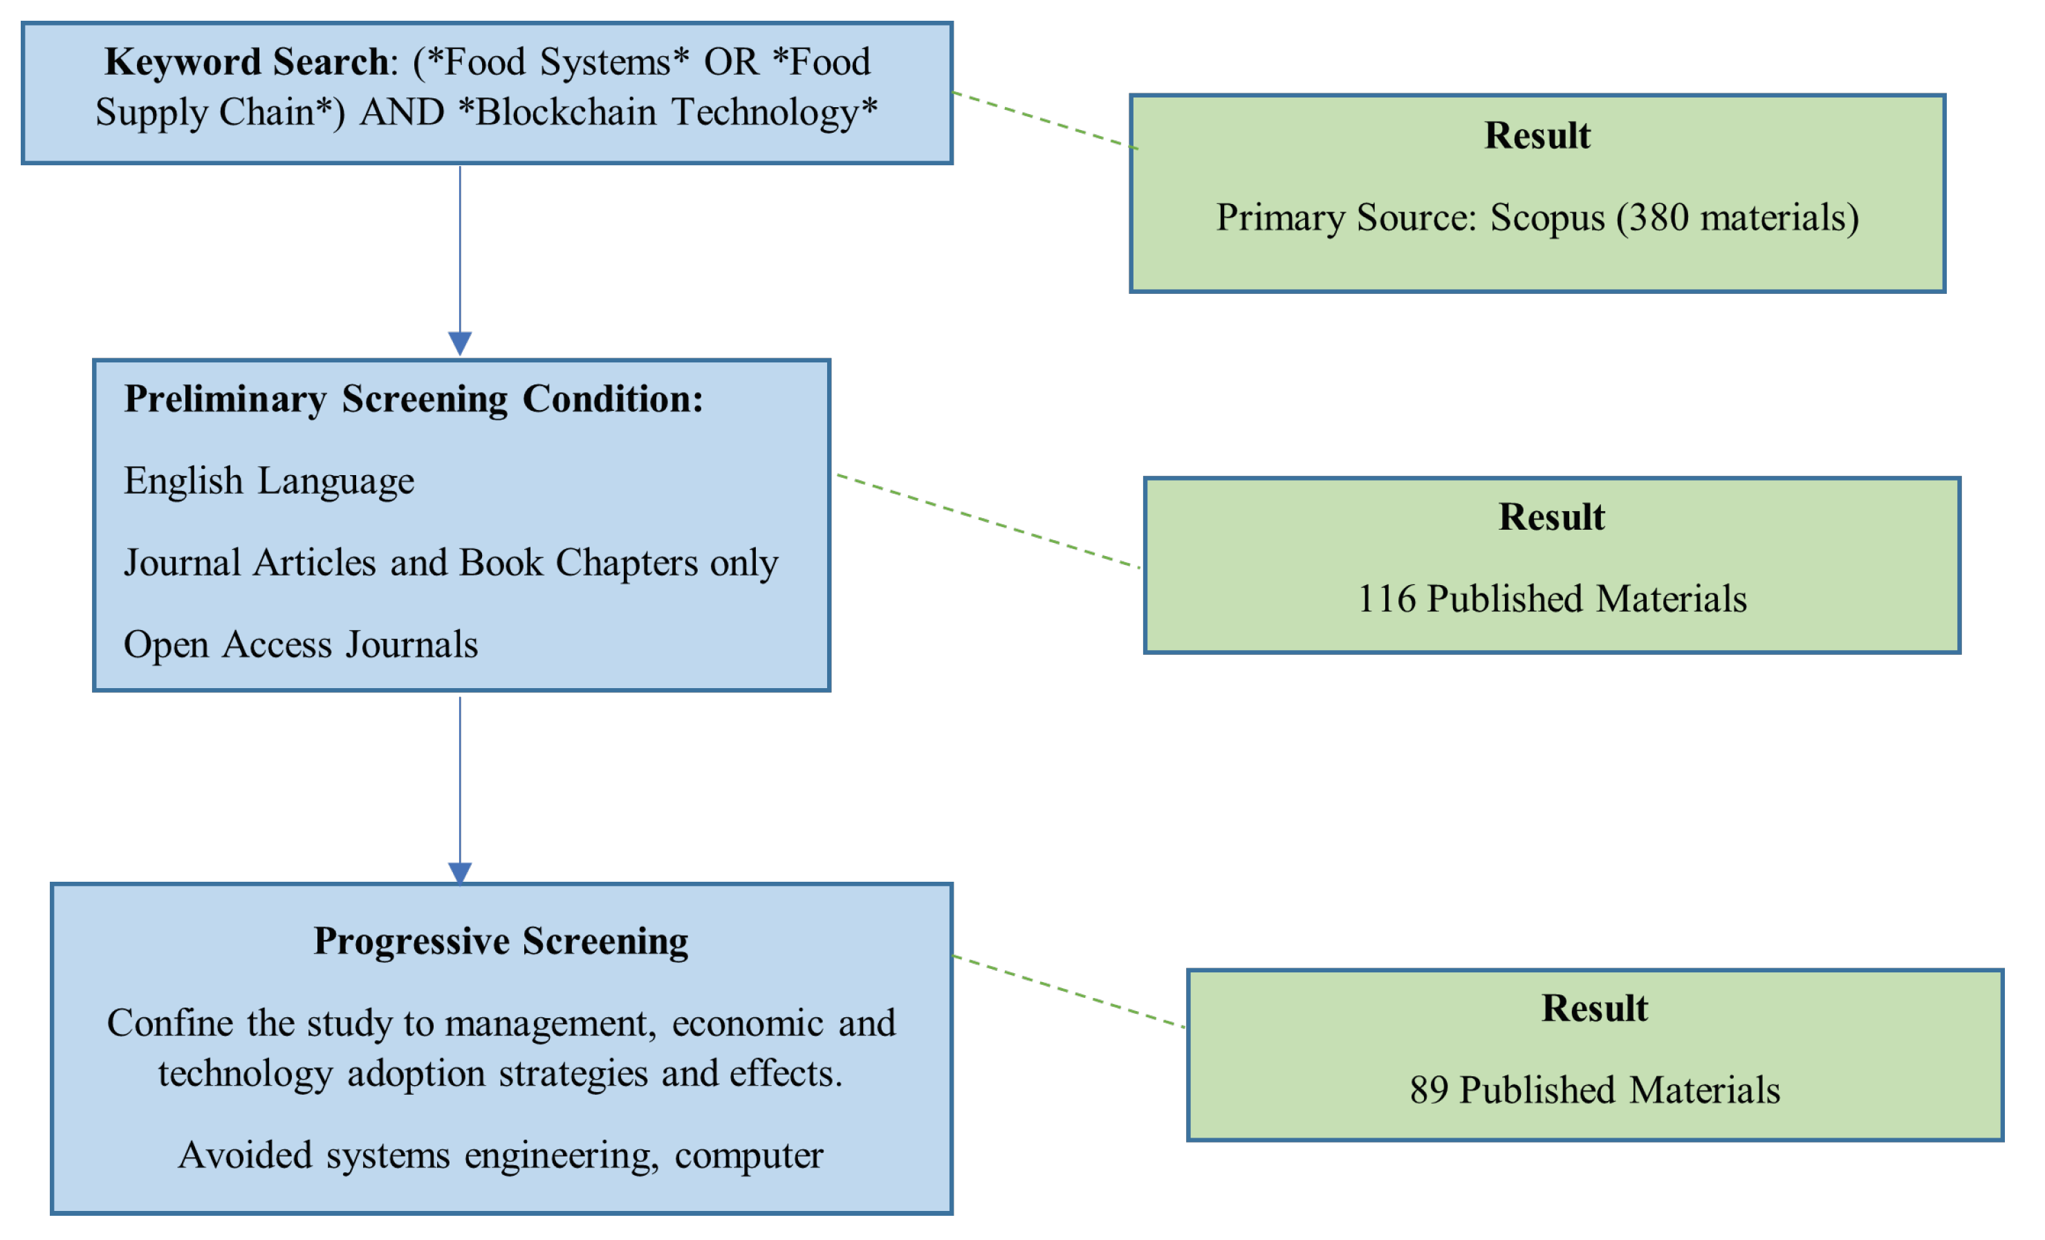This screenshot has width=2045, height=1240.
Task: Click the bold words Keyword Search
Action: (x=246, y=62)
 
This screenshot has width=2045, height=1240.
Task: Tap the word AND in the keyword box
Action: (x=402, y=112)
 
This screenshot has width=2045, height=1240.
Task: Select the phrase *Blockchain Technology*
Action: (x=667, y=112)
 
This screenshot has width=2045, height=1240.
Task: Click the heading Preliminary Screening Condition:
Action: (x=414, y=399)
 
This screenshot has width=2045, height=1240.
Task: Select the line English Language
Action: (x=269, y=481)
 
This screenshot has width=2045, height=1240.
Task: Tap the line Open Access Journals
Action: (x=300, y=645)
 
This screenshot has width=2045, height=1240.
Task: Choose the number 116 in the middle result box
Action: (x=1386, y=599)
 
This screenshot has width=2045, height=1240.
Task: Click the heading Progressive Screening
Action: (x=501, y=941)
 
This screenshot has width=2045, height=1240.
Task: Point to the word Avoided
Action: (x=245, y=1156)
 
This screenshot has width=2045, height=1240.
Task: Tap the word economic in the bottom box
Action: (x=748, y=1024)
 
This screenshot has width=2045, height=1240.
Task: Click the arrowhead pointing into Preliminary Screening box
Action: (x=460, y=343)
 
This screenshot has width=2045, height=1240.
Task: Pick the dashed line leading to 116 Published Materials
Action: (x=988, y=521)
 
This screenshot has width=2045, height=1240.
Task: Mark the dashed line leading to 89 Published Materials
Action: (x=1069, y=992)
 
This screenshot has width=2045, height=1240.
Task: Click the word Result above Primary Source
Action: (x=1537, y=136)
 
